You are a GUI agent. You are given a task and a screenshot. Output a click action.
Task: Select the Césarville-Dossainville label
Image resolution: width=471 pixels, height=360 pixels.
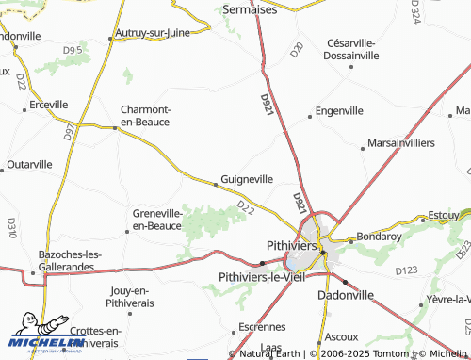[351, 49]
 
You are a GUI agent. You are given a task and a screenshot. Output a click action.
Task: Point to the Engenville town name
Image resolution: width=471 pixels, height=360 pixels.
[340, 110]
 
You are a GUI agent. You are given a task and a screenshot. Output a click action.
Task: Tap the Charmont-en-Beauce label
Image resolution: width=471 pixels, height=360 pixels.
[145, 114]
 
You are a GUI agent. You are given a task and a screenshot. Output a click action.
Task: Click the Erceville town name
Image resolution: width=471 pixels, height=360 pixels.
[50, 104]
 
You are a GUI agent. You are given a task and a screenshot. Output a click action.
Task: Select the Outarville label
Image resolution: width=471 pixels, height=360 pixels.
[29, 164]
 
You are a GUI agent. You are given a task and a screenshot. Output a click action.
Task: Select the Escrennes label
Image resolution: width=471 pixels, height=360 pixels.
[261, 327]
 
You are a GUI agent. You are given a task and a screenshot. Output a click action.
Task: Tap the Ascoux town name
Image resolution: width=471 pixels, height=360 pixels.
[340, 335]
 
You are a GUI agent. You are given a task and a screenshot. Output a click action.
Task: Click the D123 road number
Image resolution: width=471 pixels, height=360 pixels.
[407, 271]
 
